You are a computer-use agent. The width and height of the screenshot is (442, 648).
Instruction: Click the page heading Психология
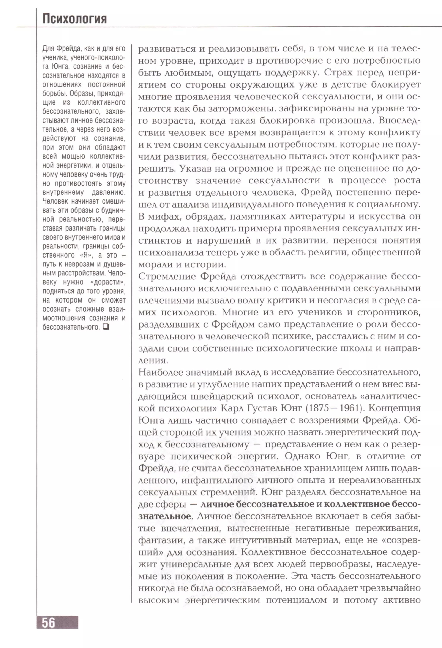coord(74,19)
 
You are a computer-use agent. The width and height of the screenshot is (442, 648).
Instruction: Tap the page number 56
coord(49,623)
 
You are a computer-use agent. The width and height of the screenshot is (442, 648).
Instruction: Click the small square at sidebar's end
coord(106,326)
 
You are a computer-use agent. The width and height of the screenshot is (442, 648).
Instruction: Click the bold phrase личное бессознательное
coord(257,504)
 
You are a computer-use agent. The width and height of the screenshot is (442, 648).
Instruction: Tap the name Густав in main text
coord(263,408)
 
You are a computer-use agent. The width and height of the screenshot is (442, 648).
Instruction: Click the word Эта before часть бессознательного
coord(299,576)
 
